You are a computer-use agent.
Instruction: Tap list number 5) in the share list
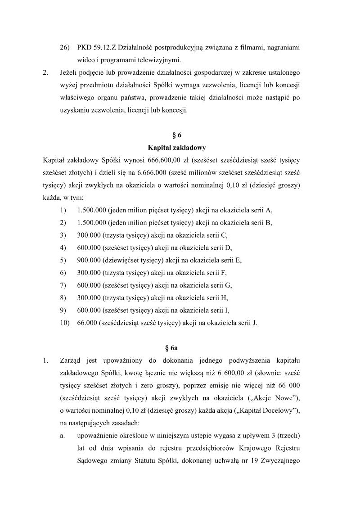tap(63, 260)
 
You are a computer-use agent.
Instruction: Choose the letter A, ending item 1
tap(270, 210)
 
